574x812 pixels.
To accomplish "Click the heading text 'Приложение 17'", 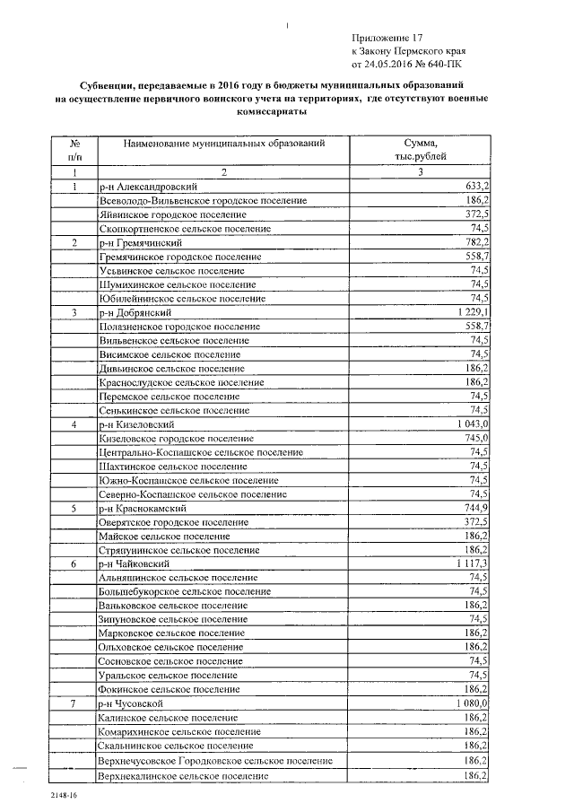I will (387, 39).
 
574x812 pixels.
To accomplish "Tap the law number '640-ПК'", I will (445, 65).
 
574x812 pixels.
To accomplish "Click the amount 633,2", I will (474, 186).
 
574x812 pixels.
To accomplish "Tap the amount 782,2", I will (474, 242).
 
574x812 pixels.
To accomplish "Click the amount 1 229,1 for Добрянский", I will (471, 312).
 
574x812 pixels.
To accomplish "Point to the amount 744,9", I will (474, 508).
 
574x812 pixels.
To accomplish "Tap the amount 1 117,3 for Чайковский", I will (471, 563).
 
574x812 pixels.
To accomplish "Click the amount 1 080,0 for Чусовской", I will (471, 703).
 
